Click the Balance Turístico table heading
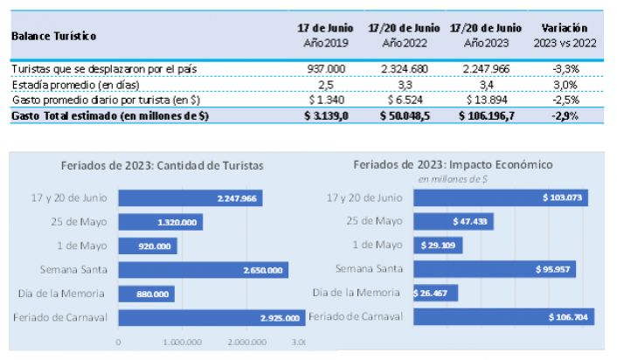pyautogui.click(x=54, y=36)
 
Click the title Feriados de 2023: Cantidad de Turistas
pyautogui.click(x=162, y=164)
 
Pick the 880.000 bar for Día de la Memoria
pyautogui.click(x=145, y=294)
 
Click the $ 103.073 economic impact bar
pyautogui.click(x=501, y=198)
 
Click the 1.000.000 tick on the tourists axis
pyautogui.click(x=183, y=342)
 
